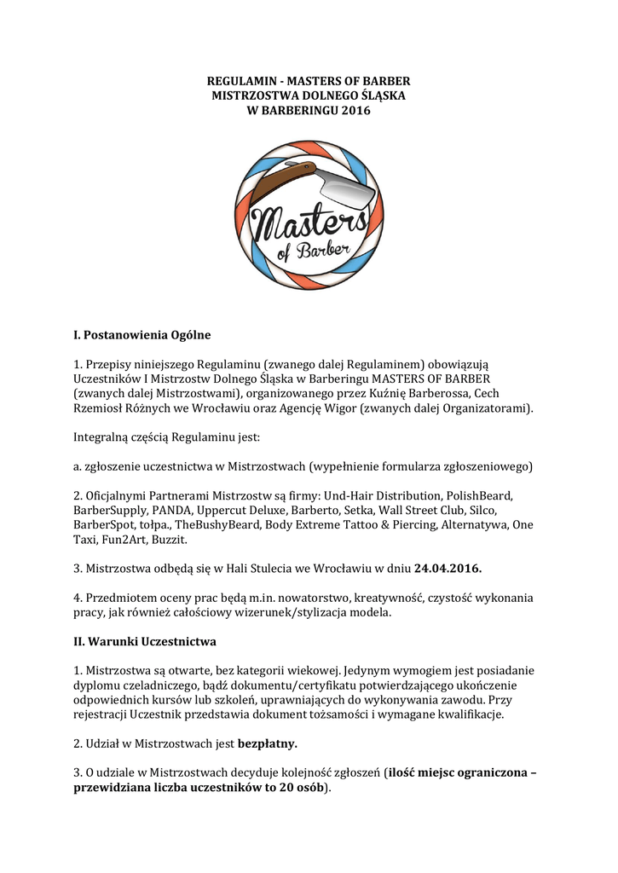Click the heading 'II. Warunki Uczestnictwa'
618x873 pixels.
click(144, 640)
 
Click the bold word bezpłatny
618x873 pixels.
click(267, 743)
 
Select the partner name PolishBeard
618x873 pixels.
click(486, 495)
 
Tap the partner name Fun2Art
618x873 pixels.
click(123, 540)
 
